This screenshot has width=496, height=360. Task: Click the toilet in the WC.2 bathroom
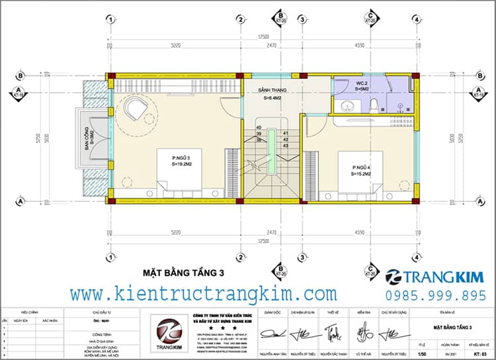pos(374,104)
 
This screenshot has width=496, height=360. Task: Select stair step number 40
pos(259,127)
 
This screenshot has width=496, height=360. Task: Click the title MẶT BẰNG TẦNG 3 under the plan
pos(184,272)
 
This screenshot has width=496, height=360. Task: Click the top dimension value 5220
pos(176,45)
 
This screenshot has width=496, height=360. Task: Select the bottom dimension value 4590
pos(358,232)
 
